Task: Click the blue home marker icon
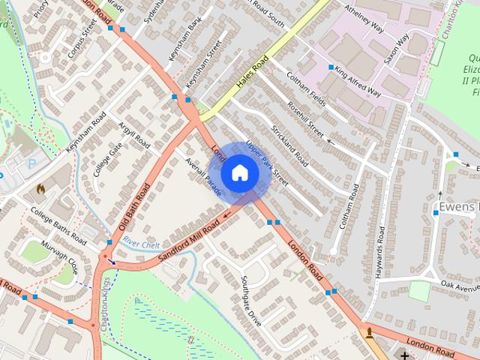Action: point(240,172)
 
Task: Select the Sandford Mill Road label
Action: point(189,238)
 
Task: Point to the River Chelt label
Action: point(142,244)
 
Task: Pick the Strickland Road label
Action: point(290,145)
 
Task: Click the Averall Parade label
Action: point(202,178)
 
